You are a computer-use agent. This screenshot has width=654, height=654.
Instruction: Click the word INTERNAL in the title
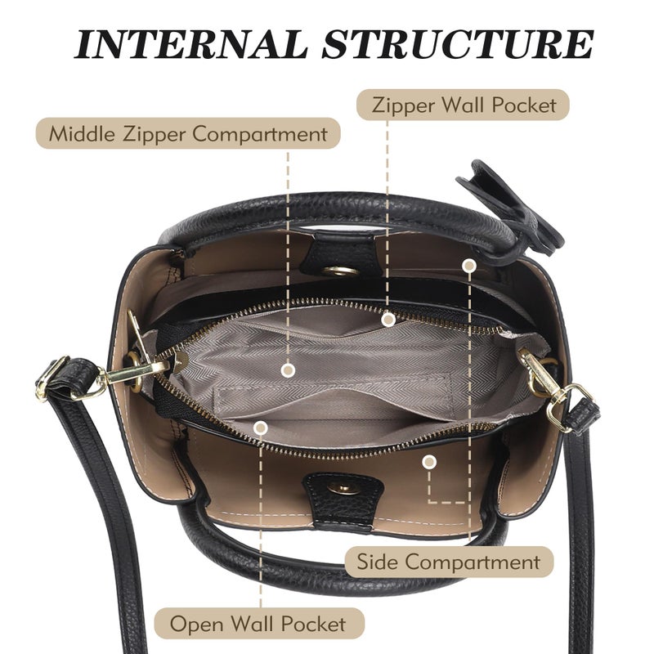[x=190, y=44]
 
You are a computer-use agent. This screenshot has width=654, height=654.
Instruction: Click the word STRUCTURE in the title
[x=458, y=44]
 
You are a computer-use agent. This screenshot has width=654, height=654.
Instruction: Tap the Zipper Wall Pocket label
[x=464, y=105]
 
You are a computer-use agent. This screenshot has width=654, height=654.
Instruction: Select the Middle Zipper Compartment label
[x=188, y=133]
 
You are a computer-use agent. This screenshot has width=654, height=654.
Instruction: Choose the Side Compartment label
[x=449, y=562]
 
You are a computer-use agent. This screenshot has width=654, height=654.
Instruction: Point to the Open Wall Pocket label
[x=259, y=623]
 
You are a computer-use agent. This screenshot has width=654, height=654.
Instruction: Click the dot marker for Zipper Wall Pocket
[x=388, y=320]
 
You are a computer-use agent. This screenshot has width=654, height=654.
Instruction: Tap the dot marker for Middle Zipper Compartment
[x=289, y=370]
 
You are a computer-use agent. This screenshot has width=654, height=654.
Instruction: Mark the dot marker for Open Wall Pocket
[x=261, y=428]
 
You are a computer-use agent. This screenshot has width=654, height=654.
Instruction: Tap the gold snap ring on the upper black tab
[x=340, y=271]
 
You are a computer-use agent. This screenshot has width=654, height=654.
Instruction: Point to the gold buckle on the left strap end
[x=51, y=378]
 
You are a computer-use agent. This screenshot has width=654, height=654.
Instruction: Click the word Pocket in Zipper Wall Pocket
[x=524, y=105]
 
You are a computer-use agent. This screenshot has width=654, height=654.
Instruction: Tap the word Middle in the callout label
[x=82, y=133]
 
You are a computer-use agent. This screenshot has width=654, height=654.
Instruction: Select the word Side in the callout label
[x=377, y=561]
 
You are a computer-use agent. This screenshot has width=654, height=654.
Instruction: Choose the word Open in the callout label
[x=197, y=625]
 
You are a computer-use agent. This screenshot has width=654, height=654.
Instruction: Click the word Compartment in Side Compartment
[x=473, y=562]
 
